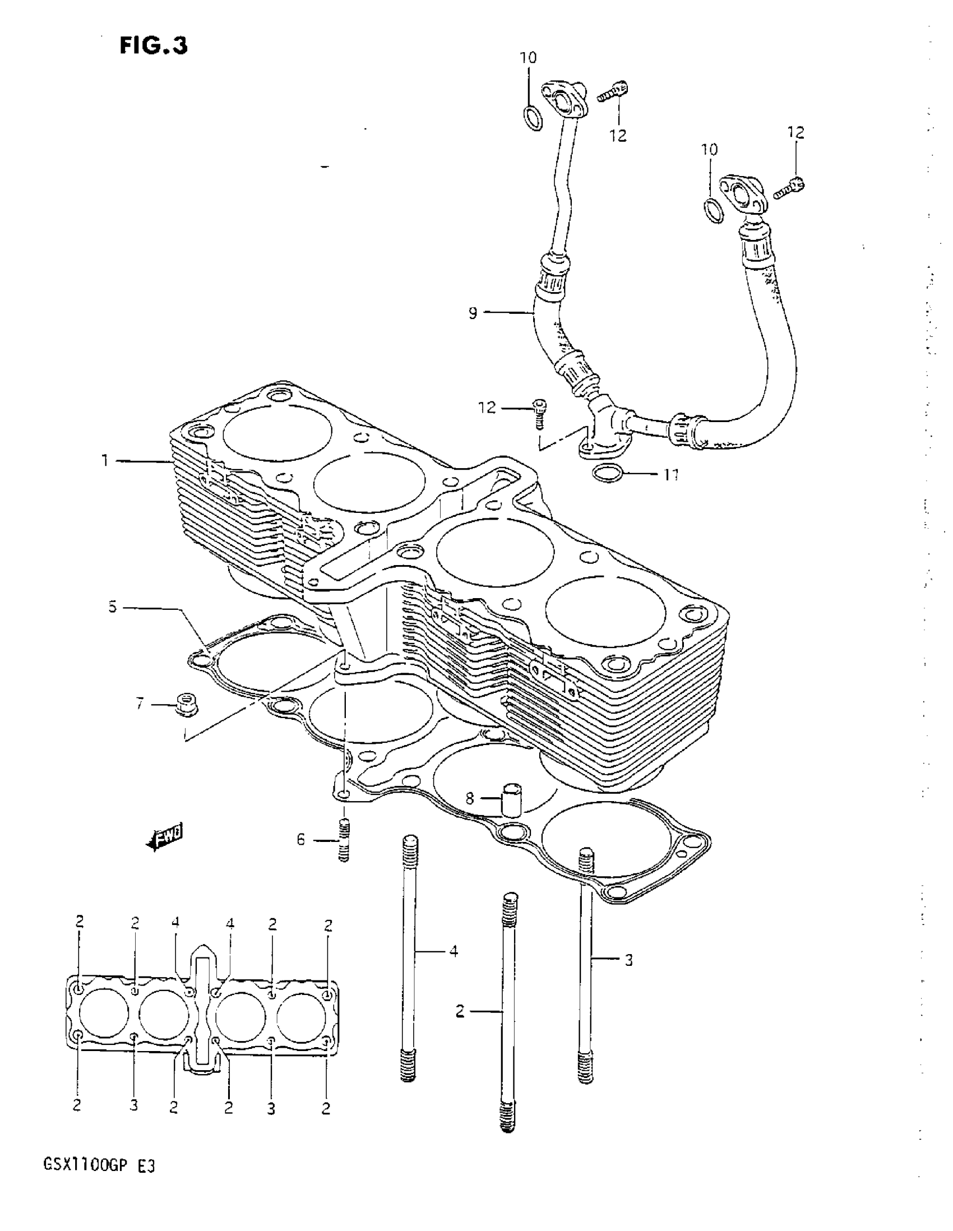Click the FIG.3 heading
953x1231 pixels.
click(x=153, y=45)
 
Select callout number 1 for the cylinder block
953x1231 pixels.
click(x=104, y=461)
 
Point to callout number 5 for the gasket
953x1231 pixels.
click(x=113, y=608)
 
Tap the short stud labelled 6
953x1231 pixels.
click(x=344, y=840)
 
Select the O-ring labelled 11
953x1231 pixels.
click(x=608, y=474)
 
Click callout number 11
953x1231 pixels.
click(x=670, y=475)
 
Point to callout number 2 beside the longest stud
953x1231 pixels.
click(x=460, y=1012)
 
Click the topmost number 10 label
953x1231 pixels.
click(x=528, y=58)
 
